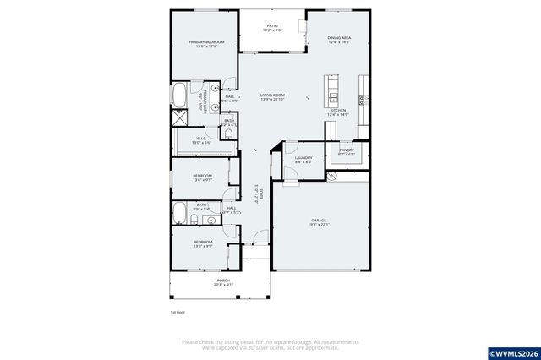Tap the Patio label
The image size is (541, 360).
tap(272, 26)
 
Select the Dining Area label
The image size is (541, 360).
tap(338, 38)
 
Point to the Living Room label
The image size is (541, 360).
tap(272, 95)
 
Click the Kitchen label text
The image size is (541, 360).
tap(337, 110)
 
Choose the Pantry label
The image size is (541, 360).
tap(347, 150)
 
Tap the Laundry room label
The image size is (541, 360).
tap(303, 158)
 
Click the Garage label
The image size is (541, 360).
tap(319, 220)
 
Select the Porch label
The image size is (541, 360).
tap(223, 280)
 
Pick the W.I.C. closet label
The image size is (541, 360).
tap(202, 139)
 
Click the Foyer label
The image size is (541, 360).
tap(261, 194)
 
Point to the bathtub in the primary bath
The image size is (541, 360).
tap(181, 97)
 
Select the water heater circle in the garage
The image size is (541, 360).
tap(331, 176)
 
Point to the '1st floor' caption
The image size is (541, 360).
tap(178, 312)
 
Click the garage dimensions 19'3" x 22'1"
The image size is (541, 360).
tap(319, 225)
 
